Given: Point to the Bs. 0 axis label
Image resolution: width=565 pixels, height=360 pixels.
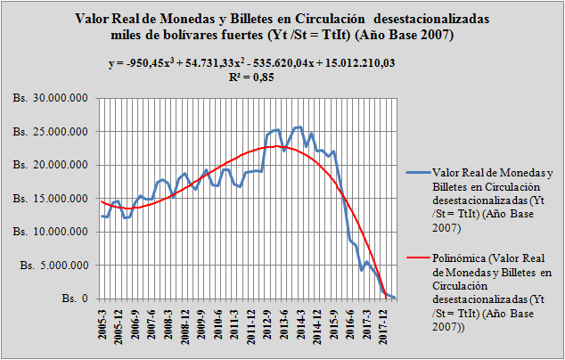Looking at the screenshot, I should [74, 299].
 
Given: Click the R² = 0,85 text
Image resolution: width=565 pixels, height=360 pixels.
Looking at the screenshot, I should [282, 77].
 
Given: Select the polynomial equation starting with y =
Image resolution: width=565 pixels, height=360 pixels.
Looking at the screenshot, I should [282, 62].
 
